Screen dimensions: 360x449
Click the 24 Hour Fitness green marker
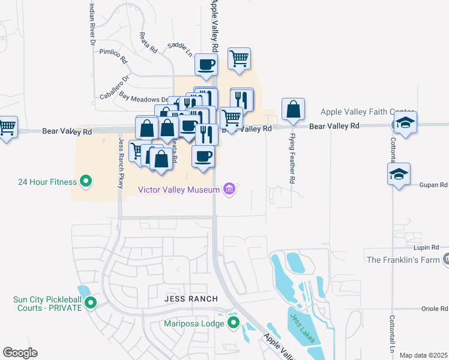pyautogui.click(x=85, y=181)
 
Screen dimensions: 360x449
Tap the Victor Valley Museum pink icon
pyautogui.click(x=228, y=190)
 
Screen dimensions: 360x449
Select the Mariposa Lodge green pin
pyautogui.click(x=233, y=324)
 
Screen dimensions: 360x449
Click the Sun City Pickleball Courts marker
pyautogui.click(x=91, y=302)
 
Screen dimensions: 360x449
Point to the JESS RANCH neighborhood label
pyautogui.click(x=191, y=299)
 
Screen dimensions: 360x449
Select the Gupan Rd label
pyautogui.click(x=434, y=185)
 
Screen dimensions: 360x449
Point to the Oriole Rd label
pyautogui.click(x=434, y=308)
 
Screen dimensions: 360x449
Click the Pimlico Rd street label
pyautogui.click(x=113, y=56)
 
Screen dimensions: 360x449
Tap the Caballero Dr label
pyautogui.click(x=115, y=87)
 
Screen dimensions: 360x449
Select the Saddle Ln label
pyautogui.click(x=180, y=49)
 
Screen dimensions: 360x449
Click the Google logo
pyautogui.click(x=20, y=352)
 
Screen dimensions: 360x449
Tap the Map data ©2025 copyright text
pyautogui.click(x=423, y=355)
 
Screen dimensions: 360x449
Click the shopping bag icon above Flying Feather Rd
pyautogui.click(x=293, y=109)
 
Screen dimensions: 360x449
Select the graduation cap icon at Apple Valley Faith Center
pyautogui.click(x=405, y=123)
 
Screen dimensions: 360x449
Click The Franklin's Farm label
pyautogui.click(x=403, y=259)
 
